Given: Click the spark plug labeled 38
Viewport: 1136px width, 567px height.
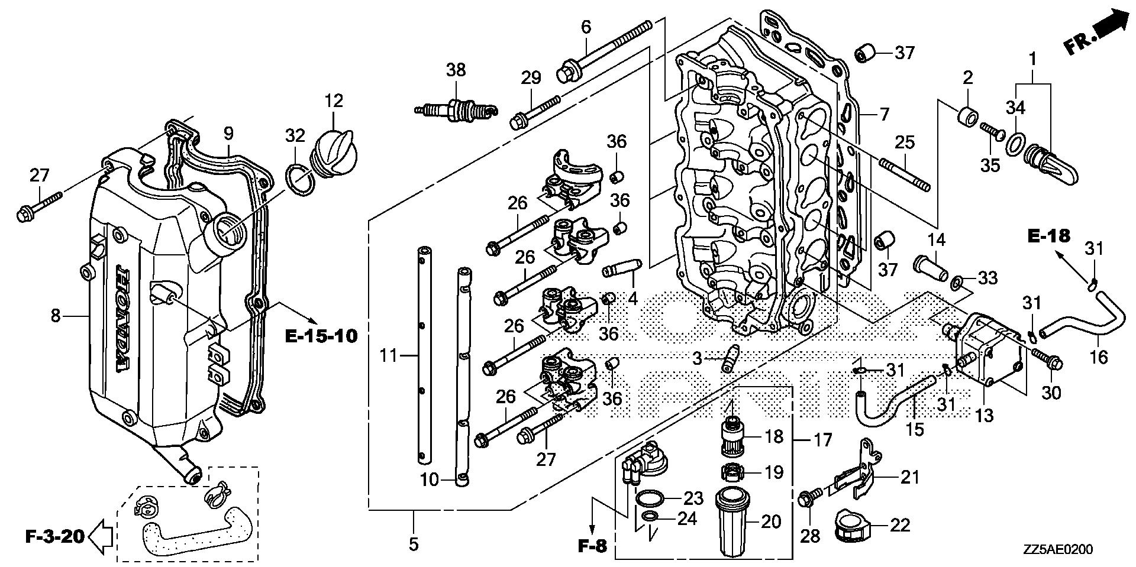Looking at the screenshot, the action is [x=464, y=109].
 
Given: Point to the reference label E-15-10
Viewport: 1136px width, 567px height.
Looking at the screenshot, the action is [x=321, y=336].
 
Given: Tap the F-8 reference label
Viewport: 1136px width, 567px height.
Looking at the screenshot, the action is [x=592, y=545].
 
